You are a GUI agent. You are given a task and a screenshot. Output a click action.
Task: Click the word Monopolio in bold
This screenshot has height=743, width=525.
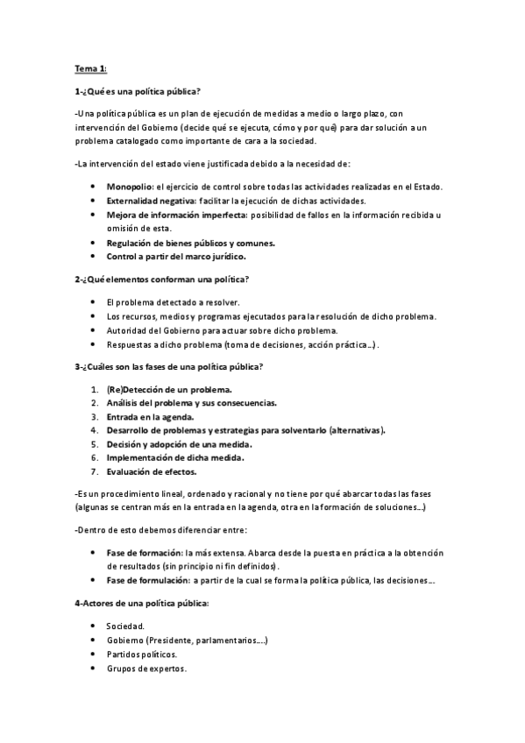coord(130,187)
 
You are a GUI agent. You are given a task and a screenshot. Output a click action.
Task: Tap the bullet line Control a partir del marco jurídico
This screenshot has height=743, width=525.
coord(176,256)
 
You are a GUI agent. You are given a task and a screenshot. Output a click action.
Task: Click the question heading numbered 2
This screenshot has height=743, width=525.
coord(162,279)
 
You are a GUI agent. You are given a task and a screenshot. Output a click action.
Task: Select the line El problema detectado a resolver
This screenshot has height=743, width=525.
coord(166,301)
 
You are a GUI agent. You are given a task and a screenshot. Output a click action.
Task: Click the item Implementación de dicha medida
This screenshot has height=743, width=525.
coord(174,457)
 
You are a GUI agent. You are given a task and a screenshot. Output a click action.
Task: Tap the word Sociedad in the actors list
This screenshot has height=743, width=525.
coord(125,626)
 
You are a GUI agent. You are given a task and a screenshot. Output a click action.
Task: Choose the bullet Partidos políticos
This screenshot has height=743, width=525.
coord(141,655)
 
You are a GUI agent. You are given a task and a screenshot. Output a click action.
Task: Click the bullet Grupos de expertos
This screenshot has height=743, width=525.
coord(145,669)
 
